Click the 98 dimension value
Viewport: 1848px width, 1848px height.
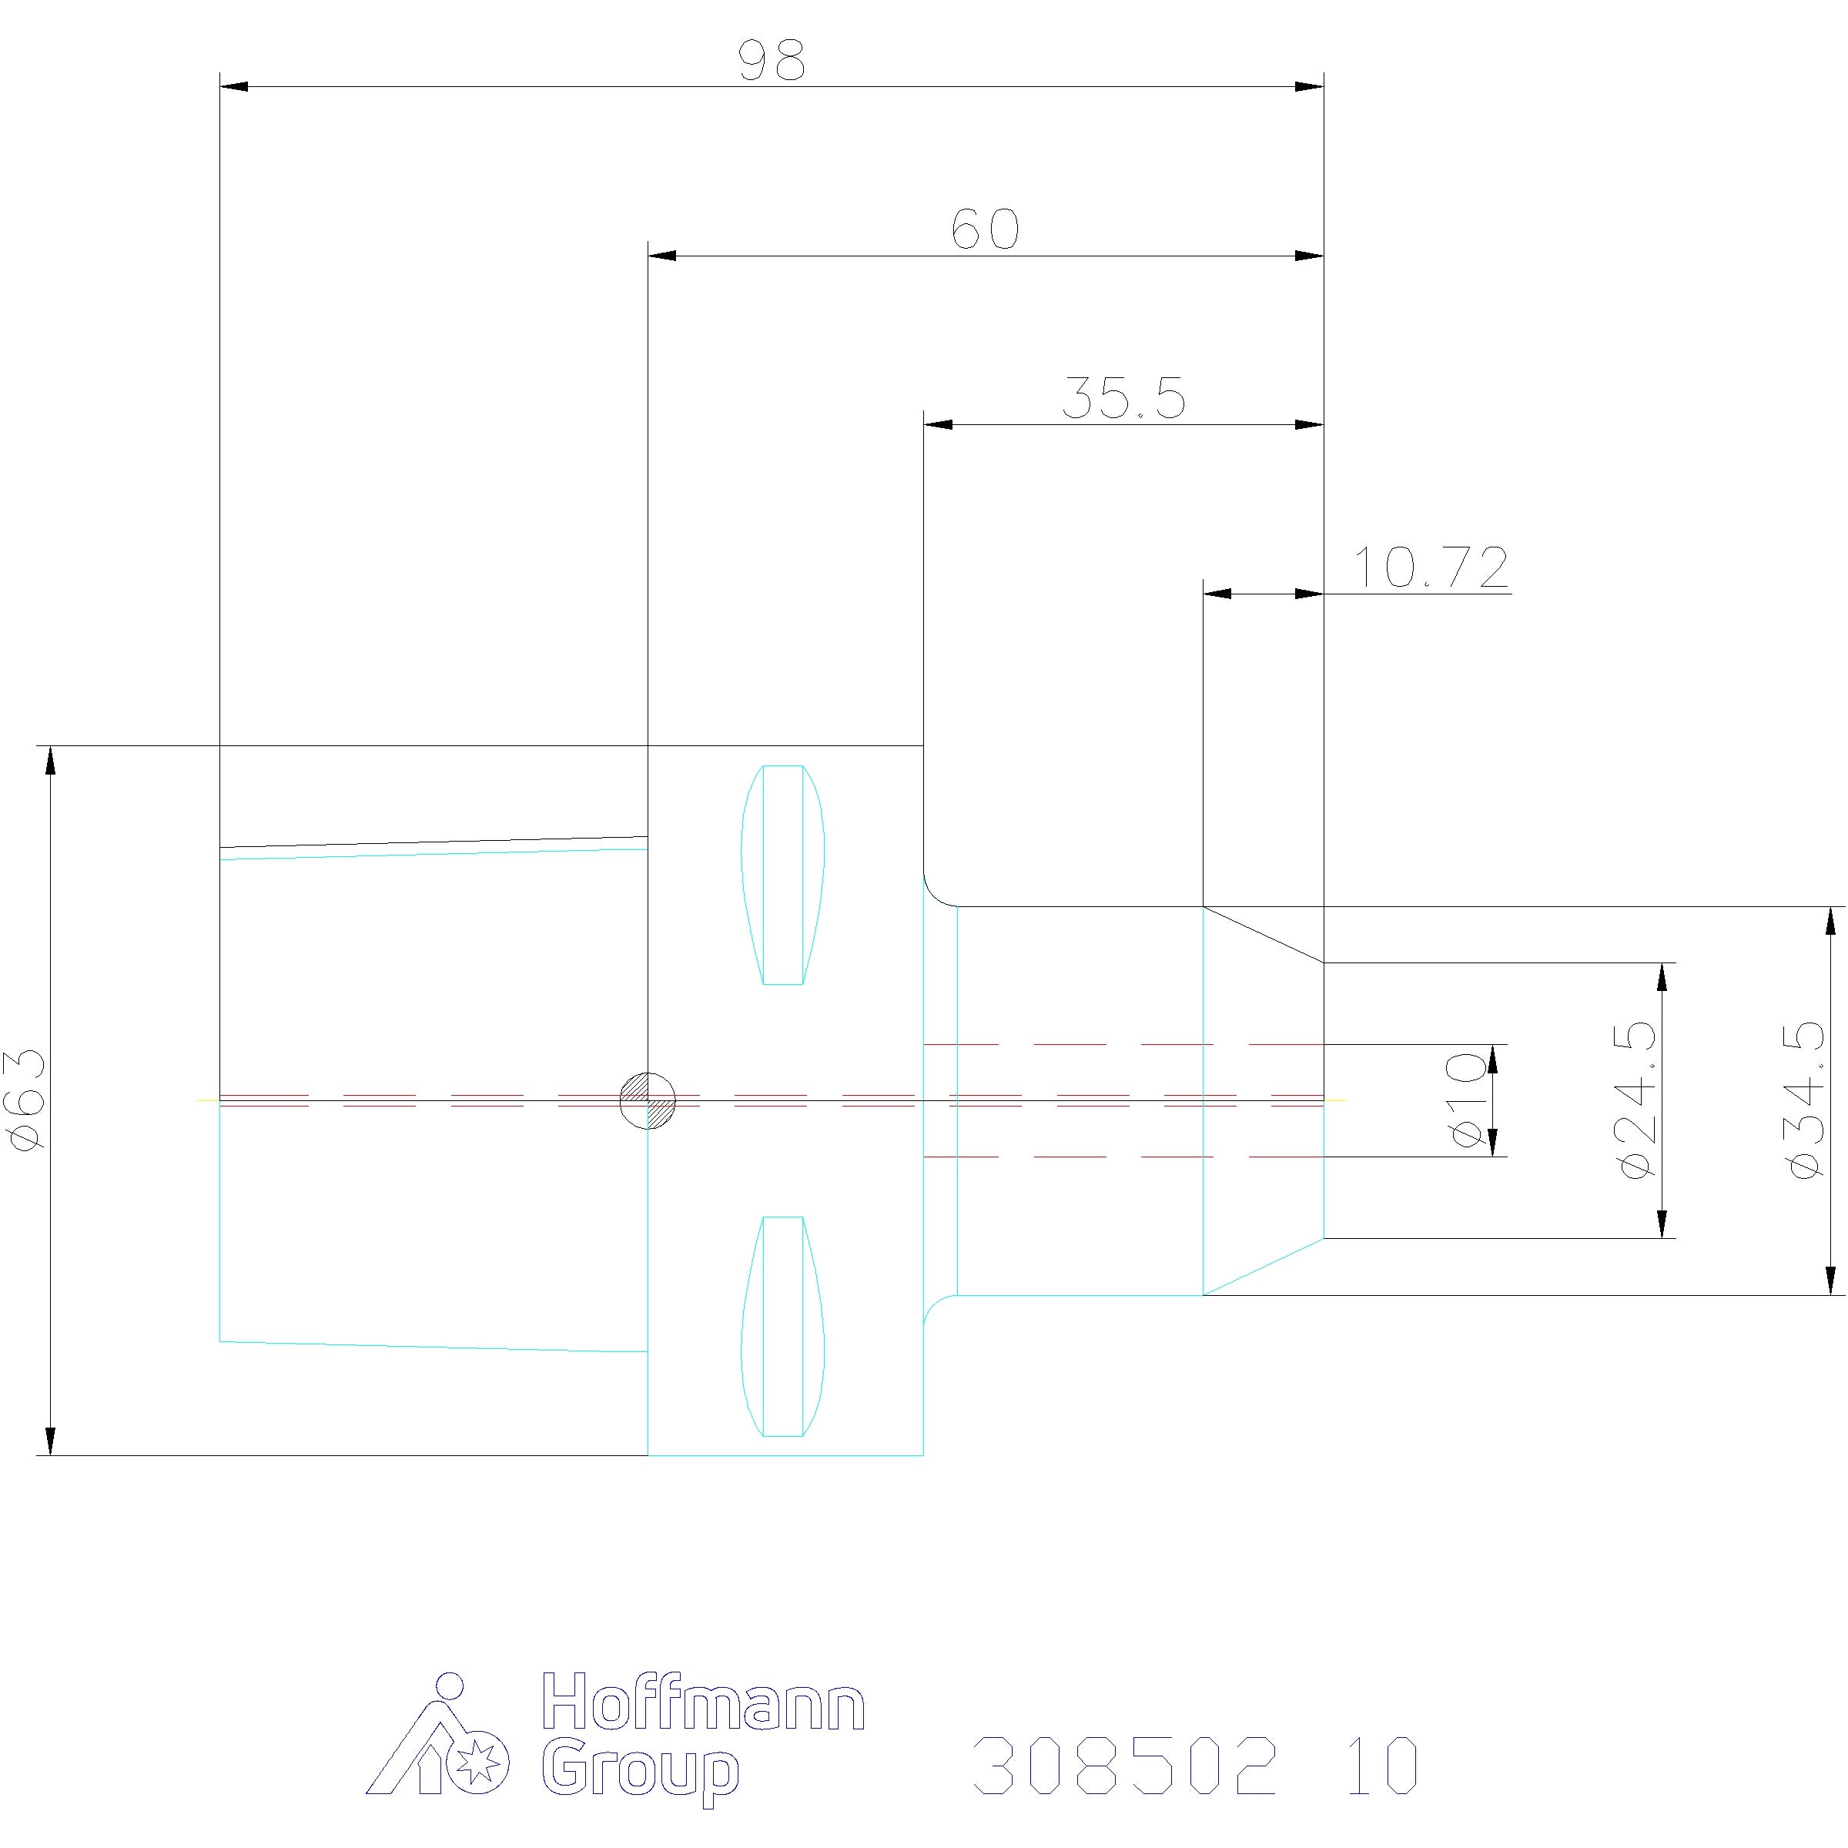tap(773, 60)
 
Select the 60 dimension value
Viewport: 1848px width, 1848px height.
tap(986, 229)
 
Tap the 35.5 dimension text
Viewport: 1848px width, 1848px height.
tap(1124, 399)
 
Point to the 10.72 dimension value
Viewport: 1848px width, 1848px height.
tap(1432, 567)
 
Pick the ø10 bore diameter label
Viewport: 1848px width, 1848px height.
tap(1468, 1100)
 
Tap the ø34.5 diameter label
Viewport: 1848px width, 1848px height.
tap(1804, 1100)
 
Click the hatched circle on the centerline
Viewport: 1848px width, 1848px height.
tap(648, 1101)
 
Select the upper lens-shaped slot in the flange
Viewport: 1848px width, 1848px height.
tap(783, 874)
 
